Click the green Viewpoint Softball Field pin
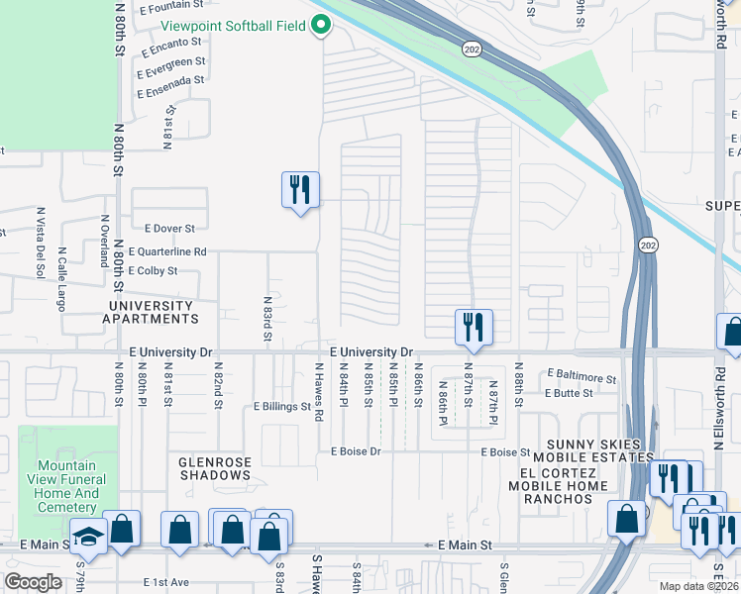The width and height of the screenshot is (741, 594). [x=321, y=27]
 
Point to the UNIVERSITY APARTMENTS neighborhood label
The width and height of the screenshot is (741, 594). [x=150, y=313]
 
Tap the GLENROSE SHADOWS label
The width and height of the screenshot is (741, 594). [x=214, y=468]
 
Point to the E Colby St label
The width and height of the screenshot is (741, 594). [x=147, y=270]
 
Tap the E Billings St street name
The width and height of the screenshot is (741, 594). [x=282, y=406]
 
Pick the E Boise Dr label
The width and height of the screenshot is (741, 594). [x=356, y=451]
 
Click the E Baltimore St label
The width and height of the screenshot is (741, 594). [x=582, y=377]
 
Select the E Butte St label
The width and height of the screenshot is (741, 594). [x=569, y=393]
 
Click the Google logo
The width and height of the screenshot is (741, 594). [x=34, y=582]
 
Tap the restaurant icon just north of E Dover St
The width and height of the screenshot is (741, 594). [x=300, y=188]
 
